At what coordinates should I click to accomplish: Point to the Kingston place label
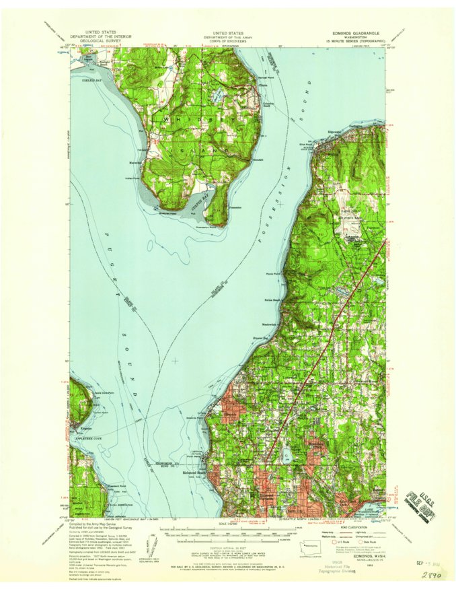pyautogui.click(x=78, y=428)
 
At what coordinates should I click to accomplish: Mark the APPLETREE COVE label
pyautogui.click(x=84, y=437)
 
